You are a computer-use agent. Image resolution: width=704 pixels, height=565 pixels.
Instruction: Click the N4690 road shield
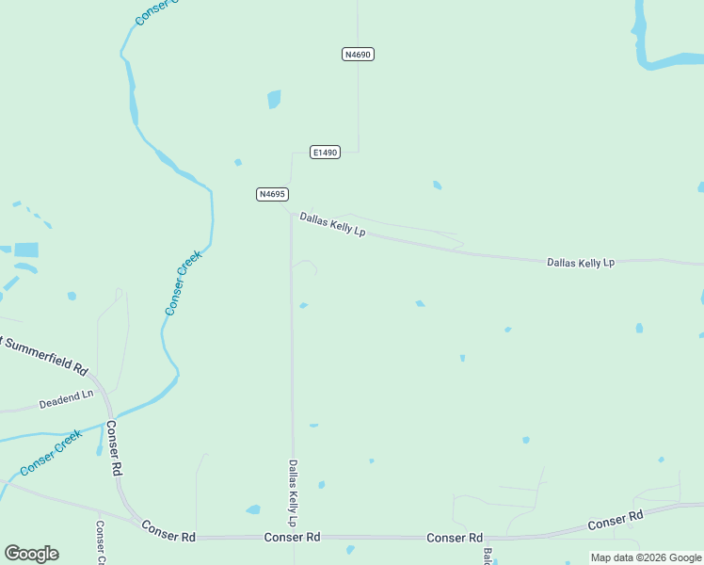[x=358, y=55]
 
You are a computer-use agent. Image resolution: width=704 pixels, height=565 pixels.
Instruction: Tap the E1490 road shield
[x=325, y=152]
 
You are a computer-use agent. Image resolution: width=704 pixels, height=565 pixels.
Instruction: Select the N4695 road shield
[x=271, y=194]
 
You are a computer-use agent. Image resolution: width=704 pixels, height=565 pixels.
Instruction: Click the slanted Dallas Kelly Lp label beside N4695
[x=332, y=224]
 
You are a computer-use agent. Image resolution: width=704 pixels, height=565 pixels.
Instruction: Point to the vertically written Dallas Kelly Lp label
[x=294, y=492]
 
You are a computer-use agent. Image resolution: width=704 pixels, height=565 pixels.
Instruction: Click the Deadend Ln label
[x=66, y=399]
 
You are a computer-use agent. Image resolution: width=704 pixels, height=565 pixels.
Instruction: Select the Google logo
[x=31, y=554]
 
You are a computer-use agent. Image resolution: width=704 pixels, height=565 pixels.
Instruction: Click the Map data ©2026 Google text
[x=646, y=557]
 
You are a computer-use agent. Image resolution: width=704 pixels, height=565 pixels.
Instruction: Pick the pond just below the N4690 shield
[x=274, y=99]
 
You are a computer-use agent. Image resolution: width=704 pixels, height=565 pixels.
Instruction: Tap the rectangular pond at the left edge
[x=26, y=250]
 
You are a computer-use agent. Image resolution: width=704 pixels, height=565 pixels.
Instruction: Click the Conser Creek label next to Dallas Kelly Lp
[x=184, y=282]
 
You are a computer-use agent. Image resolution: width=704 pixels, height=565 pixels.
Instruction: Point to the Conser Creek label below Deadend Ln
[x=51, y=452]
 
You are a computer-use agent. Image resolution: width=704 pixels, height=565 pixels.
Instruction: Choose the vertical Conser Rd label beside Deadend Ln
[x=113, y=447]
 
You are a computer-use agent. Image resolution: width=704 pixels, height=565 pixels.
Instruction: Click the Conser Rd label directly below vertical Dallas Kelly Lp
[x=293, y=537]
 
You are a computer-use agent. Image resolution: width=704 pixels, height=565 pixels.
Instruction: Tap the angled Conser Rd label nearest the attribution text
[x=615, y=519]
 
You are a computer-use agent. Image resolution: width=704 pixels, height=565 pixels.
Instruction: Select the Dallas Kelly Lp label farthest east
[x=581, y=263]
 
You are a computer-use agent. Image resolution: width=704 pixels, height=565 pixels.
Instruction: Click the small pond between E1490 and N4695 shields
[x=238, y=162]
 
